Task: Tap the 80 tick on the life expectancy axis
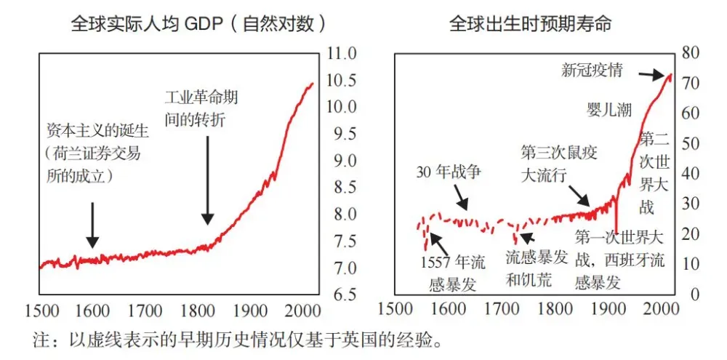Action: coord(691,53)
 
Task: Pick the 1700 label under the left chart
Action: coord(146,311)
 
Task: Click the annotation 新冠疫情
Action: coord(593,71)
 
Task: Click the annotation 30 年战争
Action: coord(449,172)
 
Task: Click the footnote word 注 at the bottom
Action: coord(41,340)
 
